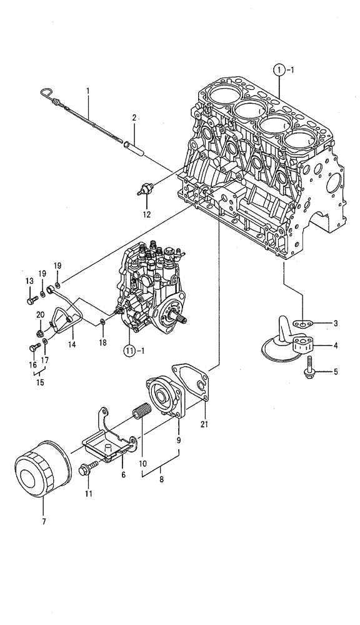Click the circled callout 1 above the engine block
(x=279, y=71)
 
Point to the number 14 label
(x=72, y=344)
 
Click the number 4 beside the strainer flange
(x=335, y=346)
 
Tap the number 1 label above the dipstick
(x=88, y=91)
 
